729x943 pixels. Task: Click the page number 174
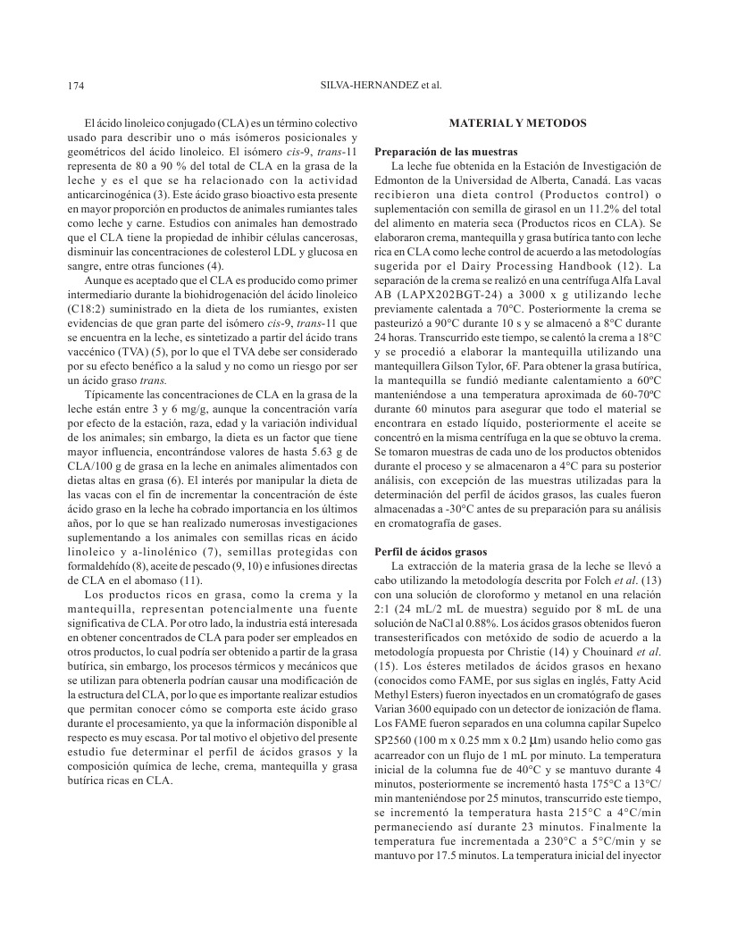pos(75,87)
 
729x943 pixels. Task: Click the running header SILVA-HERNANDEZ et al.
pos(381,87)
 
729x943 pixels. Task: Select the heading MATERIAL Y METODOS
pos(517,122)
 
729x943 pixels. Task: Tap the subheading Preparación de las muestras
pos(434,151)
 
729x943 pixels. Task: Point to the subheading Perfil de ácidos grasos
pos(424,551)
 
